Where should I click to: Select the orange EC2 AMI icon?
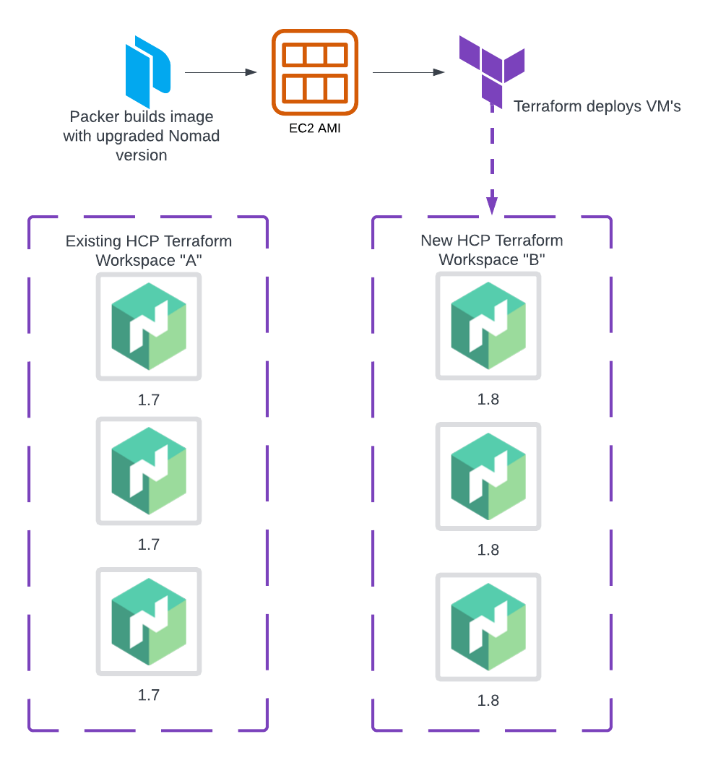point(315,72)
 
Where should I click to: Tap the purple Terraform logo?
point(491,71)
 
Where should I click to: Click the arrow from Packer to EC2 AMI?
point(220,72)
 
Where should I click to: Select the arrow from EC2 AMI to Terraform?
point(407,72)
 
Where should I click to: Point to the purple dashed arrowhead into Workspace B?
point(492,205)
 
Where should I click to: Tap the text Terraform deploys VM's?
point(597,107)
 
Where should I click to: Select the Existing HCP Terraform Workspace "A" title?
point(149,251)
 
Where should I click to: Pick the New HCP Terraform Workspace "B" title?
point(491,250)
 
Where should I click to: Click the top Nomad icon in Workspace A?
point(149,327)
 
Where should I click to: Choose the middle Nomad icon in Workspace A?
point(149,471)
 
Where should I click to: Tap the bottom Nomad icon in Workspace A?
point(149,622)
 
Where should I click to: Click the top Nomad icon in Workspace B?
point(488,326)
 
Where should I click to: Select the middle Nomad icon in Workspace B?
point(488,476)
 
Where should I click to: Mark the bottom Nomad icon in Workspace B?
point(488,627)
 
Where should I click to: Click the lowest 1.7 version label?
point(149,695)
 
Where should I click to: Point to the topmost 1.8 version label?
point(488,400)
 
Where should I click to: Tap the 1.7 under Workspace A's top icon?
point(149,400)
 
